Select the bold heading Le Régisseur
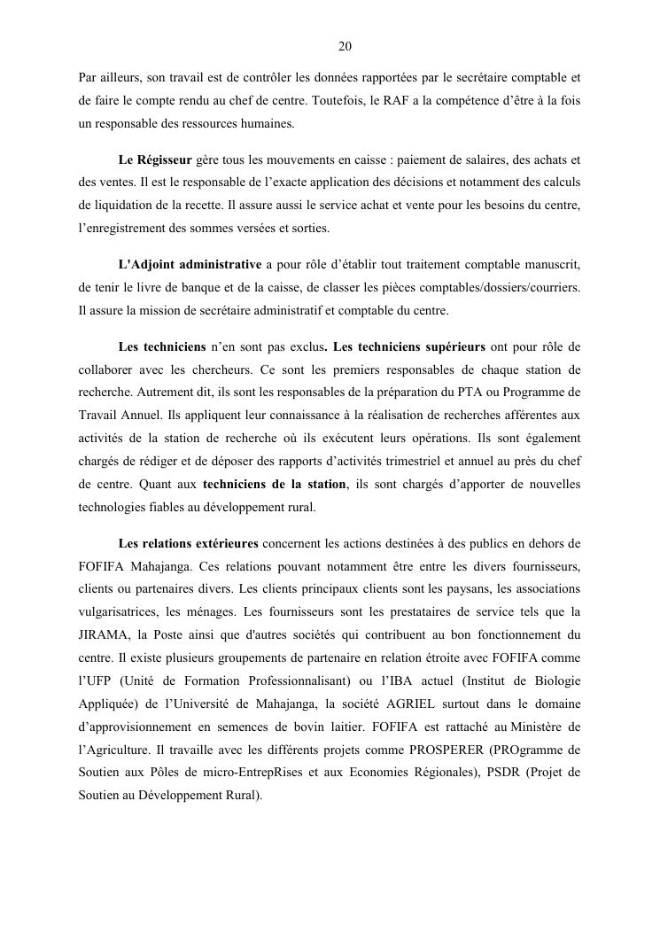pos(155,160)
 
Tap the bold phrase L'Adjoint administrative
pos(190,265)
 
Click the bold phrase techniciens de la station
pos(275,484)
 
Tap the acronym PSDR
pos(503,773)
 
